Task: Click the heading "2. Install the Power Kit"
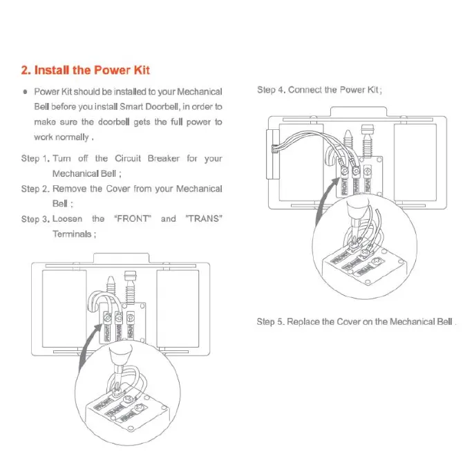(85, 70)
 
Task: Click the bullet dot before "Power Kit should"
(26, 91)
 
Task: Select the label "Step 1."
(35, 158)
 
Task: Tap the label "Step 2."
(35, 189)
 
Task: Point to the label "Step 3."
(35, 219)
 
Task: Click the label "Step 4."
(271, 90)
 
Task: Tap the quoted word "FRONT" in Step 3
(132, 219)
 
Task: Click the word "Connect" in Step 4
(305, 90)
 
